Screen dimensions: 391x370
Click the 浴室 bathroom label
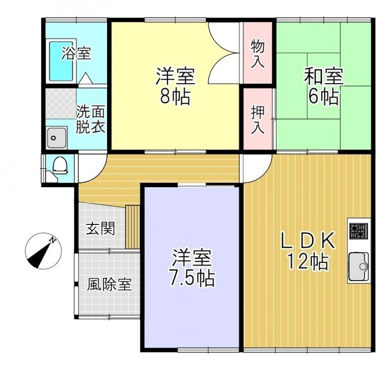(x=76, y=54)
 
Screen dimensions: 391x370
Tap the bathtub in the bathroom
(x=61, y=61)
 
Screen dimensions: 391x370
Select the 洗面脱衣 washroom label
(x=90, y=120)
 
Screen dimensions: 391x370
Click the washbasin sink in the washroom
(x=57, y=138)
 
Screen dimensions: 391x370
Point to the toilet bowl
(x=60, y=165)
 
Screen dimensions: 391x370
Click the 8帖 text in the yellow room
(x=175, y=96)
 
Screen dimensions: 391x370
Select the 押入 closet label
(x=258, y=120)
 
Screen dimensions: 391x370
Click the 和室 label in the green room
(x=324, y=76)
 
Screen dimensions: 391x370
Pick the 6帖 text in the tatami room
(x=324, y=96)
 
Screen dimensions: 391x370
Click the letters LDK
(x=308, y=240)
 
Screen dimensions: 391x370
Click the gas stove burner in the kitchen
(x=358, y=231)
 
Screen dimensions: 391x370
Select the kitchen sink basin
(x=358, y=266)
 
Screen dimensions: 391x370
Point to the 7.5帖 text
(x=192, y=278)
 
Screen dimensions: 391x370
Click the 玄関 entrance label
(x=101, y=228)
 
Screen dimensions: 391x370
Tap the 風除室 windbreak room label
(x=109, y=284)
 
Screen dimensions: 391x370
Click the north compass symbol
(x=43, y=251)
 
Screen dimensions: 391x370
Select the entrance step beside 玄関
(x=132, y=227)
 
